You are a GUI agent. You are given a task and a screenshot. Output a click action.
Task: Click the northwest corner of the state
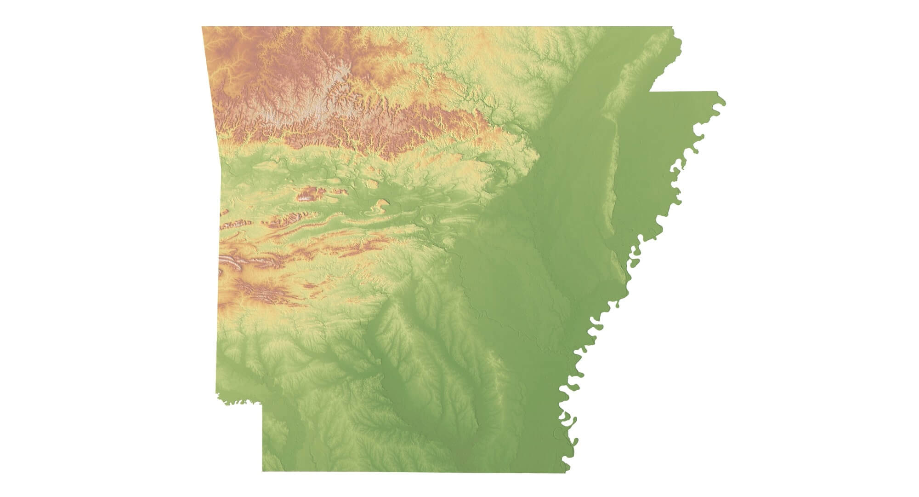coord(203,27)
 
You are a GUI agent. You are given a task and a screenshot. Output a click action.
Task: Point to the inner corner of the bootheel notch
coord(649,92)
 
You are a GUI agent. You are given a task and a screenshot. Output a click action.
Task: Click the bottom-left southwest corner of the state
coord(263,471)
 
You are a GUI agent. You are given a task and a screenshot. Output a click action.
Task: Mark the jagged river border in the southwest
coord(239,402)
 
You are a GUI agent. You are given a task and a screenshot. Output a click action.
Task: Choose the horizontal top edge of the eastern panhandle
coord(685,92)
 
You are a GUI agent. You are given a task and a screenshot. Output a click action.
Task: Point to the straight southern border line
coord(414,471)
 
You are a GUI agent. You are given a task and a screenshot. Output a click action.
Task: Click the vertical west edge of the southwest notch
coord(262,437)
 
